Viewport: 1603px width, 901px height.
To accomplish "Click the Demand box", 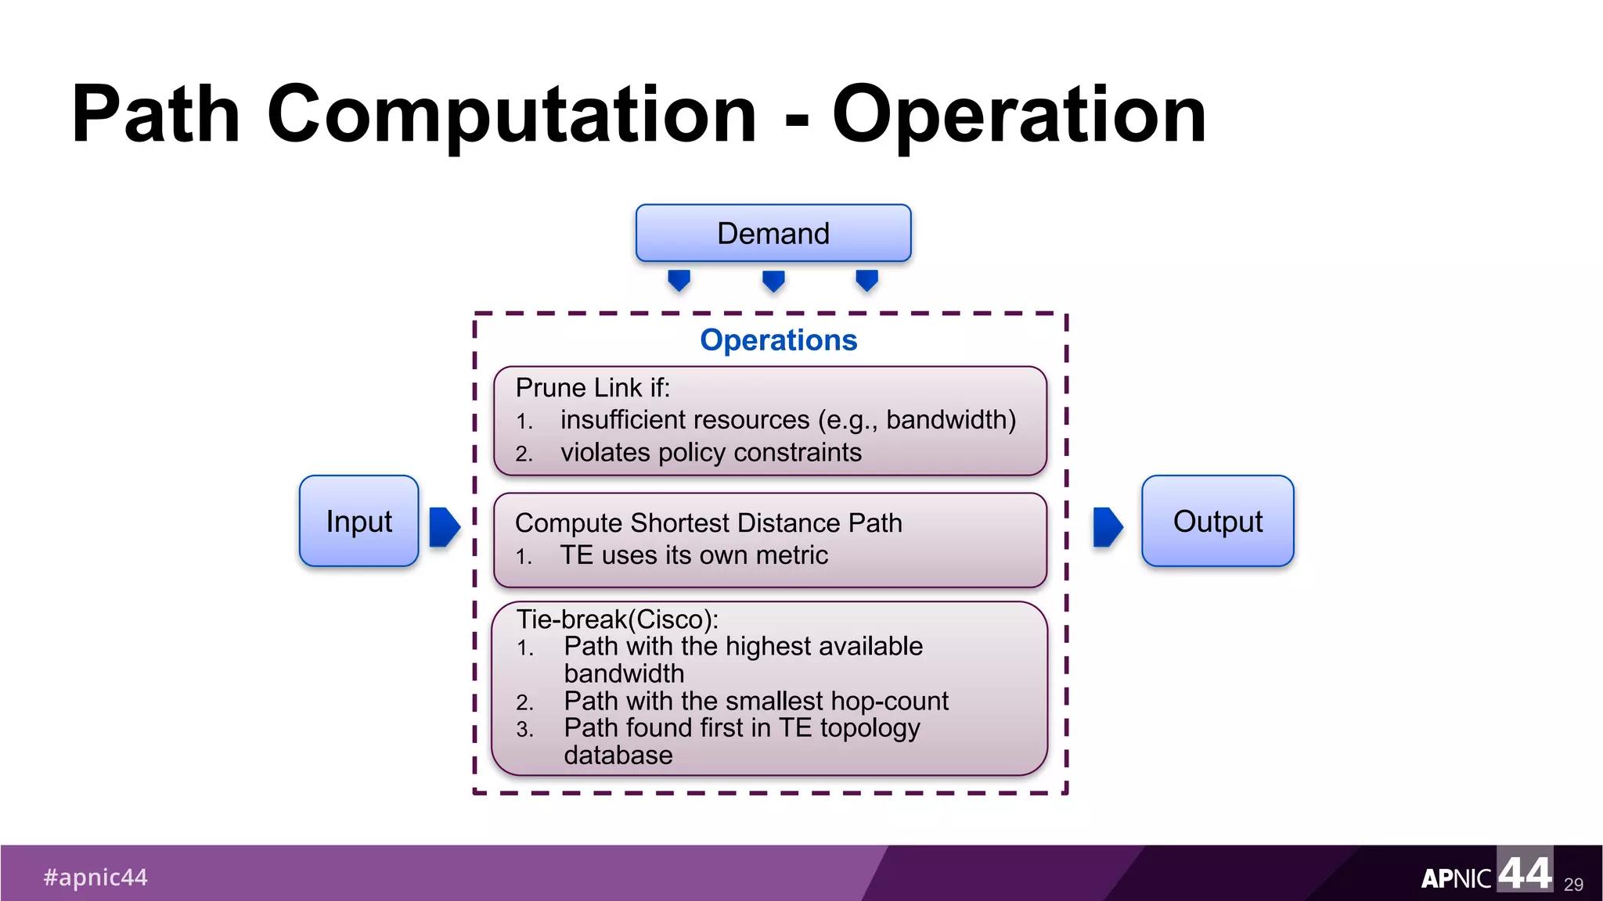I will pos(773,233).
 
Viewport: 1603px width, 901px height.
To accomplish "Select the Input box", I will pos(358,521).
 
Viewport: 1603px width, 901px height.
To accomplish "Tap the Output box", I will pos(1217,521).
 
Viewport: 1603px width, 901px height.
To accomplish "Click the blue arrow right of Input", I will pos(444,527).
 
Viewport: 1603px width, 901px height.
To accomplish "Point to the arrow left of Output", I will pos(1107,527).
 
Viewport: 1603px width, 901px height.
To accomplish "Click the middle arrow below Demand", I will pos(773,280).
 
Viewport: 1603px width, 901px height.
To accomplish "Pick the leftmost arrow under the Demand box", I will pos(679,280).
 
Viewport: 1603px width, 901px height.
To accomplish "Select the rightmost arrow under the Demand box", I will pos(866,280).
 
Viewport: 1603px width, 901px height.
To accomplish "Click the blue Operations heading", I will pos(778,340).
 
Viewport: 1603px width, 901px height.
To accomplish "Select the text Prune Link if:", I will pos(593,388).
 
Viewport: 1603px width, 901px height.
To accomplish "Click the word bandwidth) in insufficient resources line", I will pos(950,420).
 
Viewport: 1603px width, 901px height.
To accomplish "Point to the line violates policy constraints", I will pos(710,453).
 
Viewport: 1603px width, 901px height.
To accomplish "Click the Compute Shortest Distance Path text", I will pos(708,522).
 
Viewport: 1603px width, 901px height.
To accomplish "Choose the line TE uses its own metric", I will pos(693,555).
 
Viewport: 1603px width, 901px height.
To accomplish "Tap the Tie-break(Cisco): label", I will pos(617,619).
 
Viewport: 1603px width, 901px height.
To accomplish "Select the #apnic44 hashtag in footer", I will pos(95,878).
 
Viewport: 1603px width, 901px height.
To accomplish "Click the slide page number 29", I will pos(1573,884).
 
